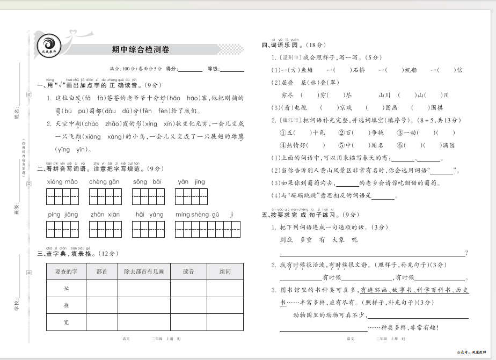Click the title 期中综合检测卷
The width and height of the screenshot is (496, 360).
[140, 50]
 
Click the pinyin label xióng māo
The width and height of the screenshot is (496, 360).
[62, 182]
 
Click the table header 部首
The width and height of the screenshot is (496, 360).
[102, 272]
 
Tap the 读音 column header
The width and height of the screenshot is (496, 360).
[188, 272]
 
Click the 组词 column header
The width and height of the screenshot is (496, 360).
[225, 272]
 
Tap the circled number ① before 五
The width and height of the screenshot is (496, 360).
[283, 133]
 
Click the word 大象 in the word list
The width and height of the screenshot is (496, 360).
[338, 240]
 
